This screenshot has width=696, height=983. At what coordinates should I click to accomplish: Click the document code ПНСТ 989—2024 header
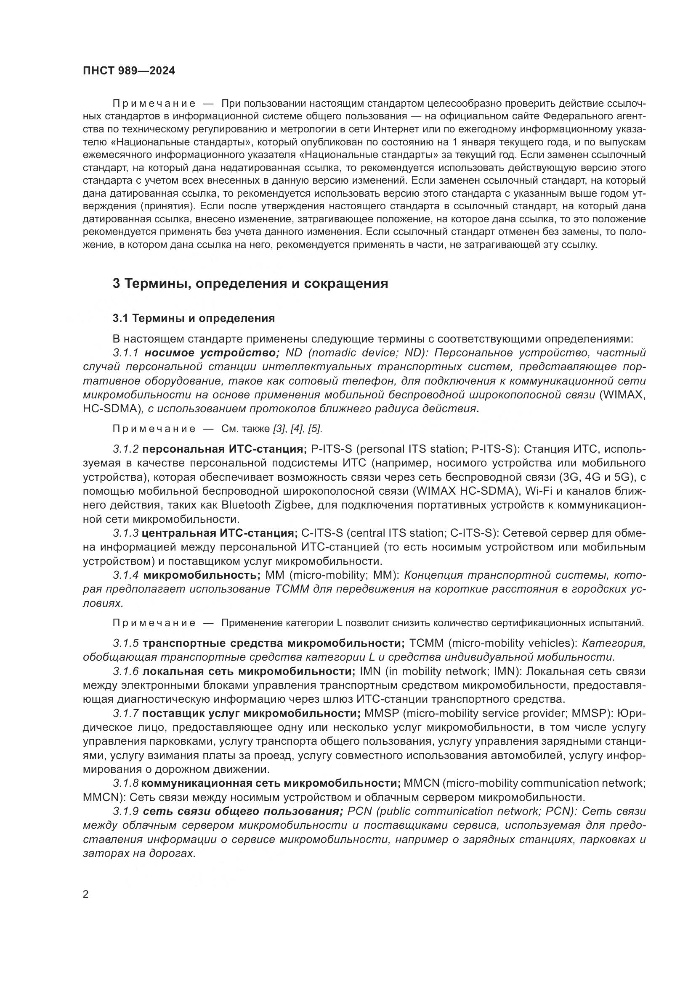(129, 71)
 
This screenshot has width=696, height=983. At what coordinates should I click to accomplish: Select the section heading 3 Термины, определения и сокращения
(250, 283)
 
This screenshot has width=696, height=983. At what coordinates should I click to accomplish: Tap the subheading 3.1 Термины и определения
(194, 319)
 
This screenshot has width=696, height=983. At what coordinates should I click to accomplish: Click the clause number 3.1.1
(126, 353)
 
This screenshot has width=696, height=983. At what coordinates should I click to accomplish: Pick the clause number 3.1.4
(126, 575)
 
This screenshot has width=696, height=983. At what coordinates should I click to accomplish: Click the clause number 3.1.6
(126, 671)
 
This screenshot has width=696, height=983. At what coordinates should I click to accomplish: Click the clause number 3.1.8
(126, 783)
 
